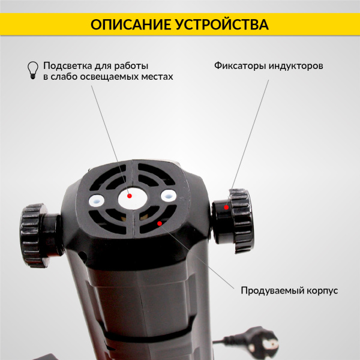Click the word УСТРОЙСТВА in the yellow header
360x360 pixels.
coord(221,24)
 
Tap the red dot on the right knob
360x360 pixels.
coord(226,206)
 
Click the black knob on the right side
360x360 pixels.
coord(237,220)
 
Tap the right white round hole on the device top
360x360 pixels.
coord(167,195)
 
